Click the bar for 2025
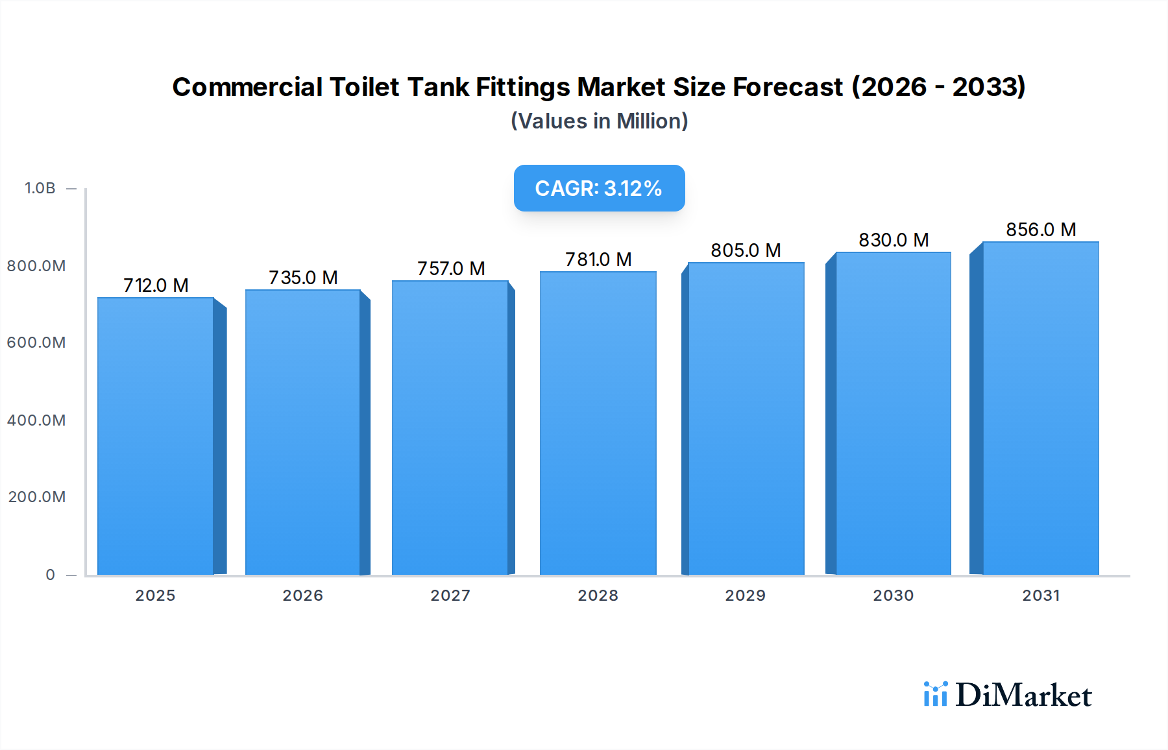pos(156,436)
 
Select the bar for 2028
pos(598,423)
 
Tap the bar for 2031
pos(1041,408)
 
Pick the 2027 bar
pos(450,428)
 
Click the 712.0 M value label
pos(156,285)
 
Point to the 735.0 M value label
pos(303,278)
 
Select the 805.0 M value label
pos(746,250)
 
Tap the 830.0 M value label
pos(894,240)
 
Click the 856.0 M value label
pos(1041,230)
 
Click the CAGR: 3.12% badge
pos(599,188)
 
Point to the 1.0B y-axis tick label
pos(40,188)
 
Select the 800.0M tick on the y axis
pos(36,266)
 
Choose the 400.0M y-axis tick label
pos(36,420)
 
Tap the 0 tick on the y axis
pos(51,575)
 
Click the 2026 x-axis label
pos(302,596)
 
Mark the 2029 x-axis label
pos(745,596)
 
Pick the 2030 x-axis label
pos(893,596)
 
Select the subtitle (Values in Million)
pos(599,121)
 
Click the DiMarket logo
pos(1008,695)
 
